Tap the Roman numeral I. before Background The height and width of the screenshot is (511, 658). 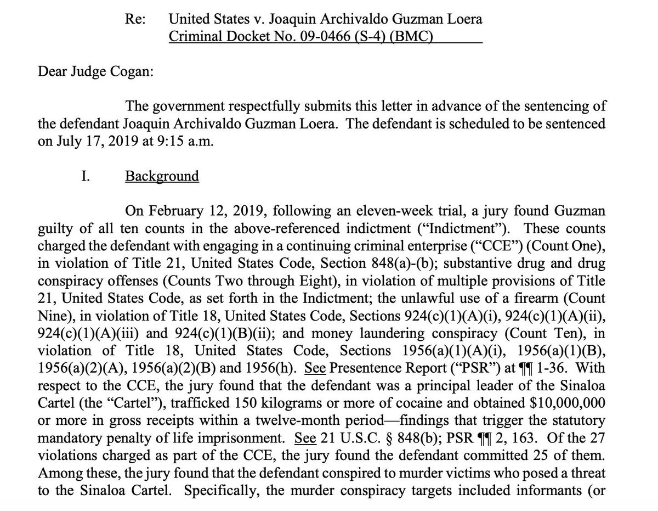86,176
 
